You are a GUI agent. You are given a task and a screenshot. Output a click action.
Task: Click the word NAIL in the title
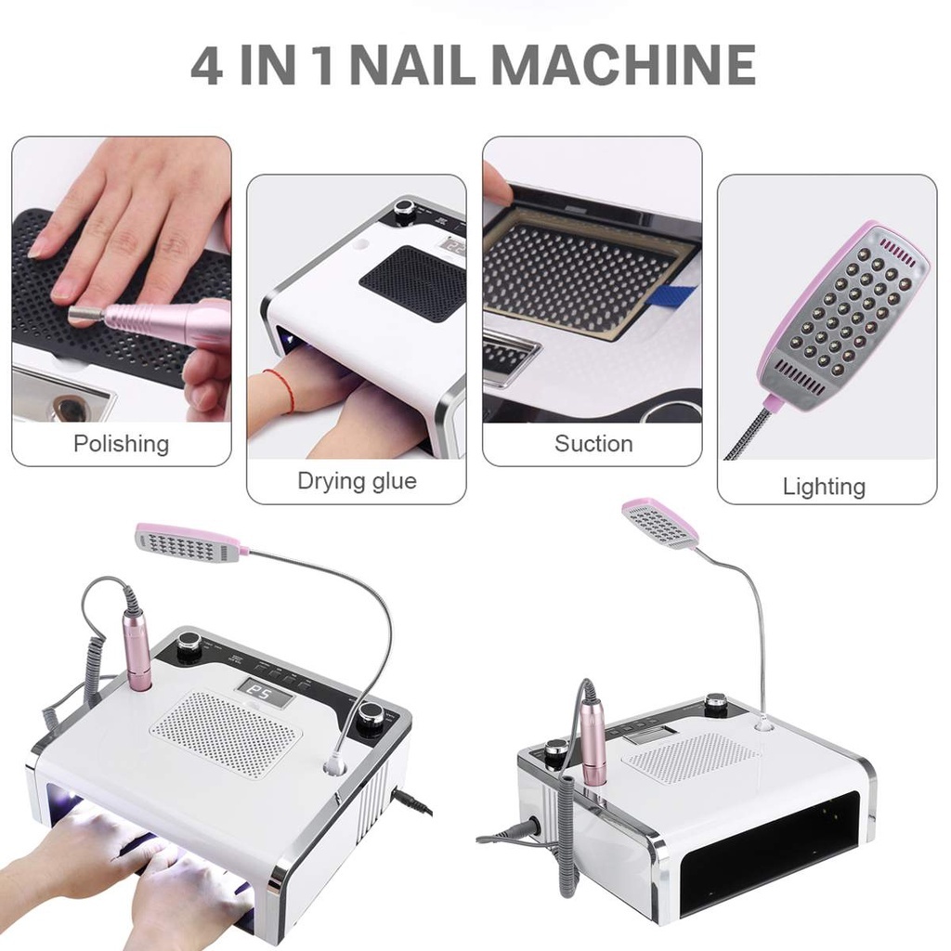coord(413,64)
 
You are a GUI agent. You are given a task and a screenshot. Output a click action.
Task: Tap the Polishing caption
coord(122,444)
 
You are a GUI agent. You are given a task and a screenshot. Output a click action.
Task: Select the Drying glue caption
coord(357,482)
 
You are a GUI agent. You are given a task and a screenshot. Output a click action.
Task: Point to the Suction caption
coord(593,444)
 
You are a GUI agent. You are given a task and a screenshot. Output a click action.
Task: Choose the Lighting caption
coord(824,487)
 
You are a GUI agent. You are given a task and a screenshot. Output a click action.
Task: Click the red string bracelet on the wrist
coord(280,388)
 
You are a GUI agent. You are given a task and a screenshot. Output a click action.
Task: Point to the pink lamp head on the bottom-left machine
coord(191,542)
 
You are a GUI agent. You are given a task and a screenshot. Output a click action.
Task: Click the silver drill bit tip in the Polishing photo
coord(85,315)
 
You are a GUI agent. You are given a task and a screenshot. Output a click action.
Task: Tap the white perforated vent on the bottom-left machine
coord(226,735)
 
